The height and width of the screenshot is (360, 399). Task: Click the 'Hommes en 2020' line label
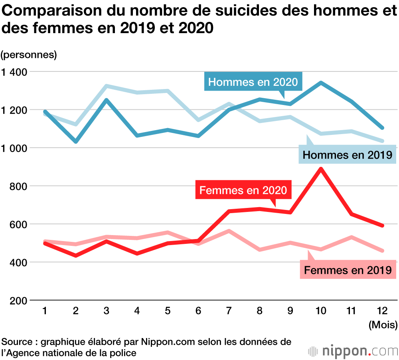pos(253,82)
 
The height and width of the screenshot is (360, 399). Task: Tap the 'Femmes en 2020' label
pos(243,190)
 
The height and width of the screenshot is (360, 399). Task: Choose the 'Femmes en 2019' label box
pos(348,270)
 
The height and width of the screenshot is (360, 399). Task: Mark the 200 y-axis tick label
pos(18,301)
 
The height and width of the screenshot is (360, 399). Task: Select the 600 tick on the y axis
pos(18,224)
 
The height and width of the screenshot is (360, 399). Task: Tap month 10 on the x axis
pos(320,311)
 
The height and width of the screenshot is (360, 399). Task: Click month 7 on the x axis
pos(229,311)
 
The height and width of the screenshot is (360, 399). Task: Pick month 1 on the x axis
pos(45,311)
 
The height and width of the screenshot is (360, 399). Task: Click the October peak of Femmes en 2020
pos(320,169)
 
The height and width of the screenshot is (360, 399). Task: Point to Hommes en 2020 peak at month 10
pos(320,83)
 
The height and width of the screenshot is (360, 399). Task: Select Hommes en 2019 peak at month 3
pos(106,86)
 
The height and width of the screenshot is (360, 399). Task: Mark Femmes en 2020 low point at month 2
pos(75,255)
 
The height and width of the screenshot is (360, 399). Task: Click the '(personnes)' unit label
pos(29,55)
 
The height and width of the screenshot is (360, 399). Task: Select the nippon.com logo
pos(353,351)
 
